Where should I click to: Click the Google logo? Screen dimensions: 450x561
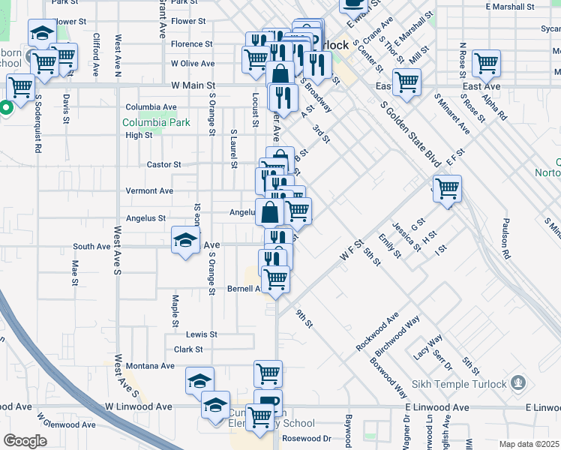click(25, 441)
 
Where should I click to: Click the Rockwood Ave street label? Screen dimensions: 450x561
click(377, 331)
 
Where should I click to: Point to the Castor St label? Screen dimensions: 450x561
click(163, 164)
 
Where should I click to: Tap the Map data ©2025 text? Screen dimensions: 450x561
click(529, 444)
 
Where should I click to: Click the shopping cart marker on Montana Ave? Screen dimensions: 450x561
click(268, 373)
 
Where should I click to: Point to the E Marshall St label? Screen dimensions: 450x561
click(509, 6)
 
